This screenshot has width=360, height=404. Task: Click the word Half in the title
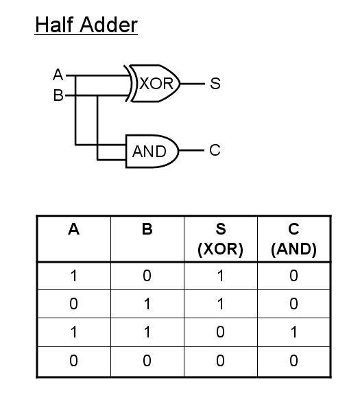(x=54, y=25)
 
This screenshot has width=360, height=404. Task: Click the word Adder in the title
(x=108, y=25)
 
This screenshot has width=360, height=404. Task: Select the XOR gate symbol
(x=152, y=84)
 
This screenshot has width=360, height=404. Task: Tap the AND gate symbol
(x=152, y=151)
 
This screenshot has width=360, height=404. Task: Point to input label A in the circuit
(x=58, y=75)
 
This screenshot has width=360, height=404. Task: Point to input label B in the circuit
(x=58, y=95)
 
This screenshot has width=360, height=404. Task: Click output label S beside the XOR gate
(x=215, y=84)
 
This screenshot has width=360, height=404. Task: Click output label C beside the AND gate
(x=215, y=150)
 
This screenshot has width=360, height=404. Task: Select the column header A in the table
(x=73, y=229)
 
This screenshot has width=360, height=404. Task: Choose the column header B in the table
(x=147, y=229)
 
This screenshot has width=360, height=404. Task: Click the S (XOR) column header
(x=220, y=239)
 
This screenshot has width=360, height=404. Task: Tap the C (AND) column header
(x=293, y=239)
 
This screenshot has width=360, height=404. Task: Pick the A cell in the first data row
(x=73, y=276)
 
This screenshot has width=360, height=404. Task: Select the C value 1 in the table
(x=293, y=332)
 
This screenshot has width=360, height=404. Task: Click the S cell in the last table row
(x=220, y=360)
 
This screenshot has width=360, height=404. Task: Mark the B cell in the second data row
(x=147, y=304)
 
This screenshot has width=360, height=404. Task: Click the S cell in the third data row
(x=220, y=332)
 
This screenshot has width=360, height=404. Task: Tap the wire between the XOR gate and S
(x=193, y=84)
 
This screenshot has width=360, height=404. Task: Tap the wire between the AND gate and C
(x=191, y=150)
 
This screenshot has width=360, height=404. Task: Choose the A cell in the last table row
(x=73, y=360)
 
